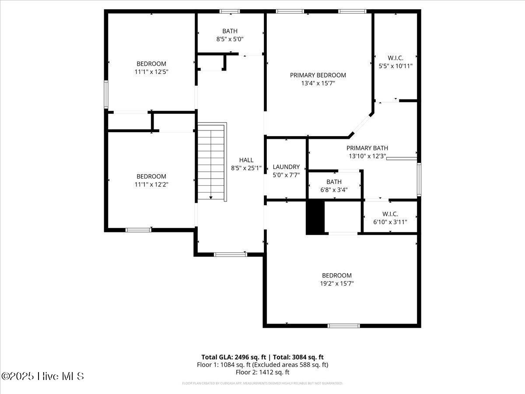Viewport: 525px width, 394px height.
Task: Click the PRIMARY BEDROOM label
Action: point(318,75)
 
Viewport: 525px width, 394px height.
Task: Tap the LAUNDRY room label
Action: point(286,167)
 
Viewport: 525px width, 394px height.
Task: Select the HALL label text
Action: point(246,160)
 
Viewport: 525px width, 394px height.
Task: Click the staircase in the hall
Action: point(212,162)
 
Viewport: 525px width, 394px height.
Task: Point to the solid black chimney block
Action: point(315,217)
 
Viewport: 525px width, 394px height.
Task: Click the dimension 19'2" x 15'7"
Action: point(336,283)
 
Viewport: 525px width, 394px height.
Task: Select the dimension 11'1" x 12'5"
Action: point(151,71)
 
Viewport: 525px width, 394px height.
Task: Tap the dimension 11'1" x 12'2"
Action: point(151,184)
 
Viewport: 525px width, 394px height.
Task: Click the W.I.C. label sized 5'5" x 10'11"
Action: point(395,58)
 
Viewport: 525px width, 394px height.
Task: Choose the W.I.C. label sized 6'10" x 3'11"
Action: point(390,214)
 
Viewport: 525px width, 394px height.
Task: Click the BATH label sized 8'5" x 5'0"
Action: point(230,31)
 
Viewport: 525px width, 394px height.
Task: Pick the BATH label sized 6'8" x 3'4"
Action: point(334,182)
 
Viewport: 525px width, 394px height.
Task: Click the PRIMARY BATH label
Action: point(367,148)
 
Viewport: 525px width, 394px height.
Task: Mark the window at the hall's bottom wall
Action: point(230,254)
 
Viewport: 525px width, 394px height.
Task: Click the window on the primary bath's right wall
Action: point(419,179)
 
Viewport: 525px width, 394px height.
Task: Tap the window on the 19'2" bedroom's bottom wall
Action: point(343,326)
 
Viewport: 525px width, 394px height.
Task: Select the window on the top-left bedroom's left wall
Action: point(106,94)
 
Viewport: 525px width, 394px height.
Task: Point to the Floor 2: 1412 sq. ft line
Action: point(262,372)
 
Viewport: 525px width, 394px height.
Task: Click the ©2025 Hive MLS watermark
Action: point(42,376)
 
